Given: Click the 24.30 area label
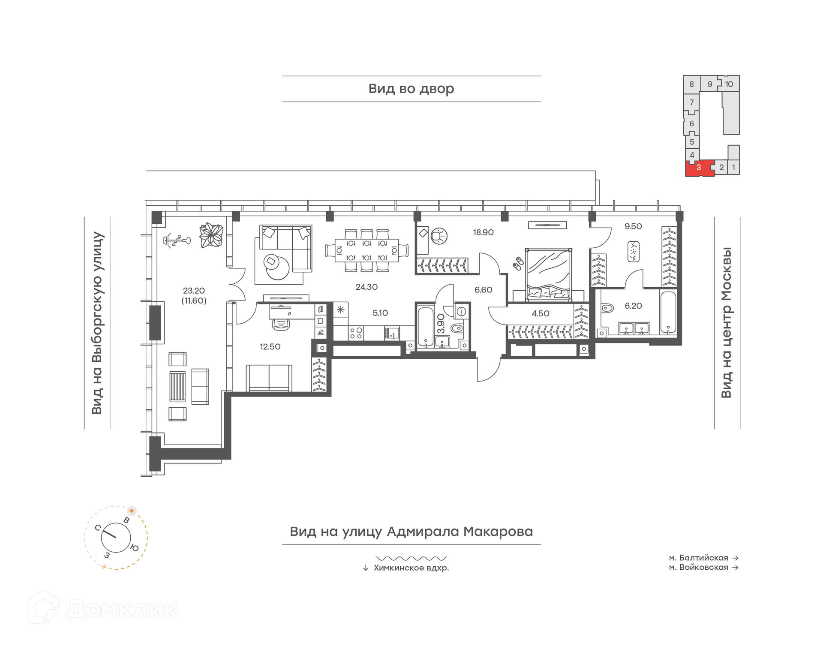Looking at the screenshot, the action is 366,287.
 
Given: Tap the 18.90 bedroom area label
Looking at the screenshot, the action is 483,232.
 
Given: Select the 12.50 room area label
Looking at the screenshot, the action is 270,346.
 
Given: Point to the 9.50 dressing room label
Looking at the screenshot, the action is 633,226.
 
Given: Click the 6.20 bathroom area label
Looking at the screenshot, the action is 633,306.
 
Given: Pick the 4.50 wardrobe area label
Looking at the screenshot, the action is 541,313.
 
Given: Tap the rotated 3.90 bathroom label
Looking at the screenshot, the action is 441,324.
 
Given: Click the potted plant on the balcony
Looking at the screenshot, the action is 211,235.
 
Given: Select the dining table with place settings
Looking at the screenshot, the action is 366,250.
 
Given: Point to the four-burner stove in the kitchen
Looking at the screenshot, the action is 356,333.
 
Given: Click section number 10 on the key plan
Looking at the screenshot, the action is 729,84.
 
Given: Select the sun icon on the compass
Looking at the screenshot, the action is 132,511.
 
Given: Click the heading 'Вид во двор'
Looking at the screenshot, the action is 411,88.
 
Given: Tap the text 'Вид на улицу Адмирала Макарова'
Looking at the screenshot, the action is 411,532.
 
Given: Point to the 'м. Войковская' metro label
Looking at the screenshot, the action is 699,567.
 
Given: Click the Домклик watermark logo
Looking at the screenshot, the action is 103,607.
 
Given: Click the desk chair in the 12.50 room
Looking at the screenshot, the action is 281,325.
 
